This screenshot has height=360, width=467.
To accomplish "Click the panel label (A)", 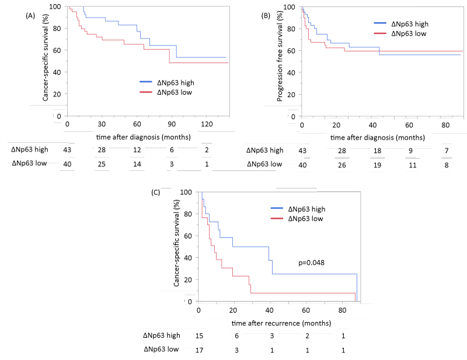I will (x=31, y=16).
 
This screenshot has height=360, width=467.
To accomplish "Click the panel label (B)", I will (x=266, y=16).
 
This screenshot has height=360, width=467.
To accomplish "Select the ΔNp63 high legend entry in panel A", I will (x=175, y=82).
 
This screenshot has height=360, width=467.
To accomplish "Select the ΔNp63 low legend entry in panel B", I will (x=409, y=33).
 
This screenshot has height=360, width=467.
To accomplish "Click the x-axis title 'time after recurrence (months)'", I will (x=281, y=323).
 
